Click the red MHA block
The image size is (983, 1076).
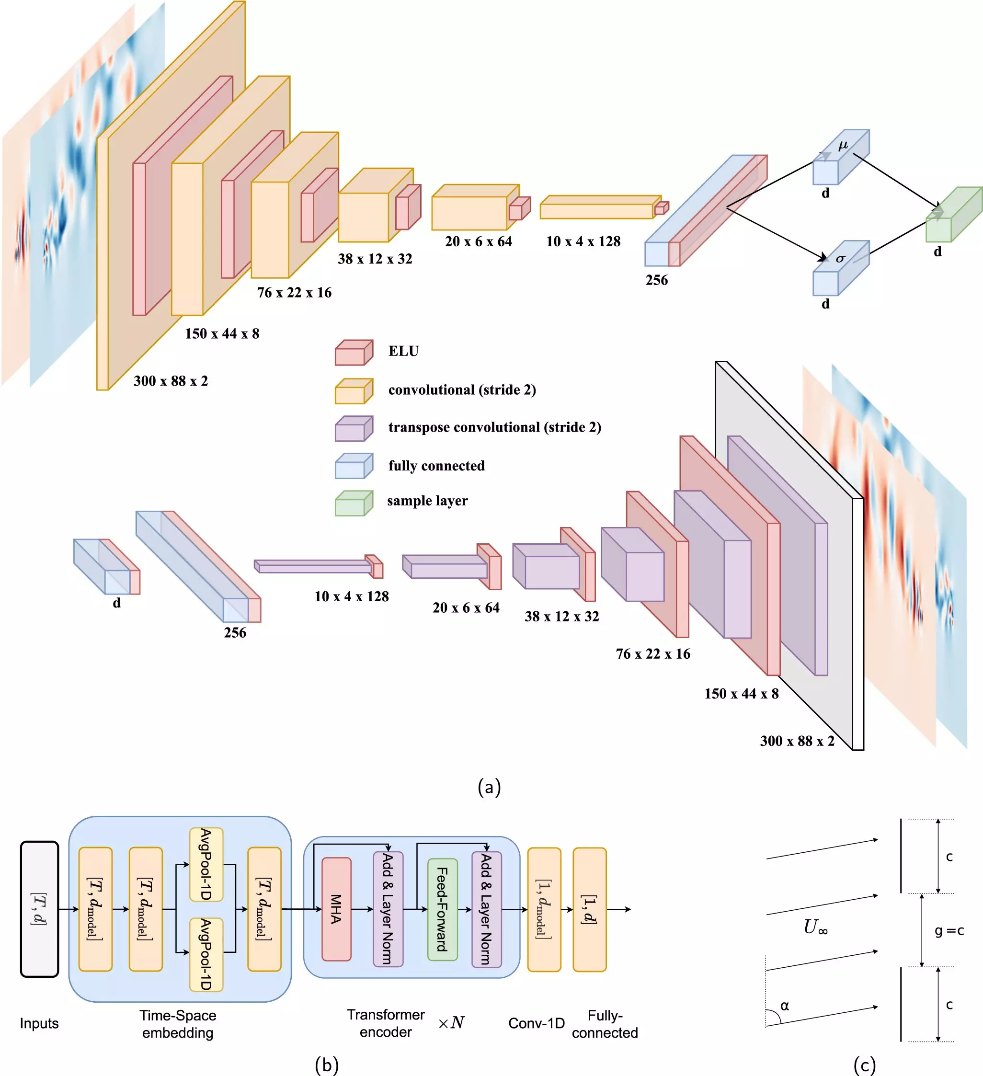(x=336, y=909)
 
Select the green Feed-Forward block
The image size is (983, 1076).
(x=443, y=909)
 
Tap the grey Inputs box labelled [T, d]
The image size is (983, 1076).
(x=39, y=909)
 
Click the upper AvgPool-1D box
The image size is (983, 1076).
(x=206, y=864)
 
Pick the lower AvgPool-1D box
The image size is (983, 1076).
(x=206, y=954)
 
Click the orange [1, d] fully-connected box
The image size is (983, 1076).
(x=589, y=909)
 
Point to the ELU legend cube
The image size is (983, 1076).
(x=353, y=352)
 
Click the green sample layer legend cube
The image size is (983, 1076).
(x=353, y=504)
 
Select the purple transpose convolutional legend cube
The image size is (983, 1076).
(x=353, y=429)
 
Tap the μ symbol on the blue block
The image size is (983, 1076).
(x=843, y=145)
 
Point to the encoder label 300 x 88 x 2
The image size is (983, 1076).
(x=170, y=381)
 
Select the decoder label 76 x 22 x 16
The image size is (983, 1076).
(x=652, y=654)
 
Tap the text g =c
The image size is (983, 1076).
(x=949, y=931)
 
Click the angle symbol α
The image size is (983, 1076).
(x=785, y=1006)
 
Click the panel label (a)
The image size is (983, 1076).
(x=489, y=787)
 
